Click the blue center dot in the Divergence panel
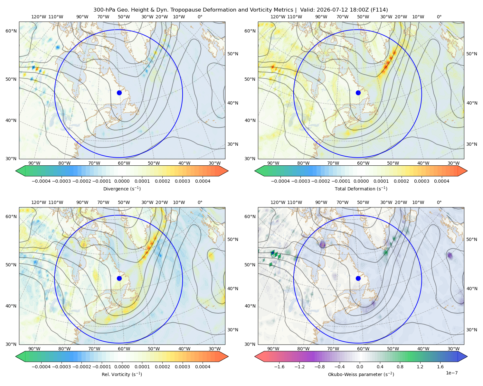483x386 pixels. tap(119, 93)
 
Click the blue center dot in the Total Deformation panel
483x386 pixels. tap(358, 93)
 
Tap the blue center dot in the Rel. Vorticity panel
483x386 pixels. tap(119, 278)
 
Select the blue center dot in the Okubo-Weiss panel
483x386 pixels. tap(358, 278)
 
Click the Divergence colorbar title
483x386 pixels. tap(122, 188)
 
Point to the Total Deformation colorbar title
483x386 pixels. tap(361, 188)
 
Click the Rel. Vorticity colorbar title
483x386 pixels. tap(122, 374)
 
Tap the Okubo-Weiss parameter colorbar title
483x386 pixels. tap(361, 374)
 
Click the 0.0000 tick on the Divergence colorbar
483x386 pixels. tap(122, 181)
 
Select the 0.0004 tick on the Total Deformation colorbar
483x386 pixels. tap(441, 181)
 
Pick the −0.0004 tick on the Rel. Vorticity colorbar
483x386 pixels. tap(41, 367)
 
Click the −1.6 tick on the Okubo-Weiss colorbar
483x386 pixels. tap(279, 367)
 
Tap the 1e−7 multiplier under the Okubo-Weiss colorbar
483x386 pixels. tap(451, 373)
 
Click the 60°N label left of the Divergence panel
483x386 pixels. tap(11, 31)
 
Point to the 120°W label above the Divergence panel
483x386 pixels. tap(39, 17)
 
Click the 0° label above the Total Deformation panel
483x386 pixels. tap(439, 17)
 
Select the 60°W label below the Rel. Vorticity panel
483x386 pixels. tap(124, 349)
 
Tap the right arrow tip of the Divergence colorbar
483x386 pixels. tap(228, 171)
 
